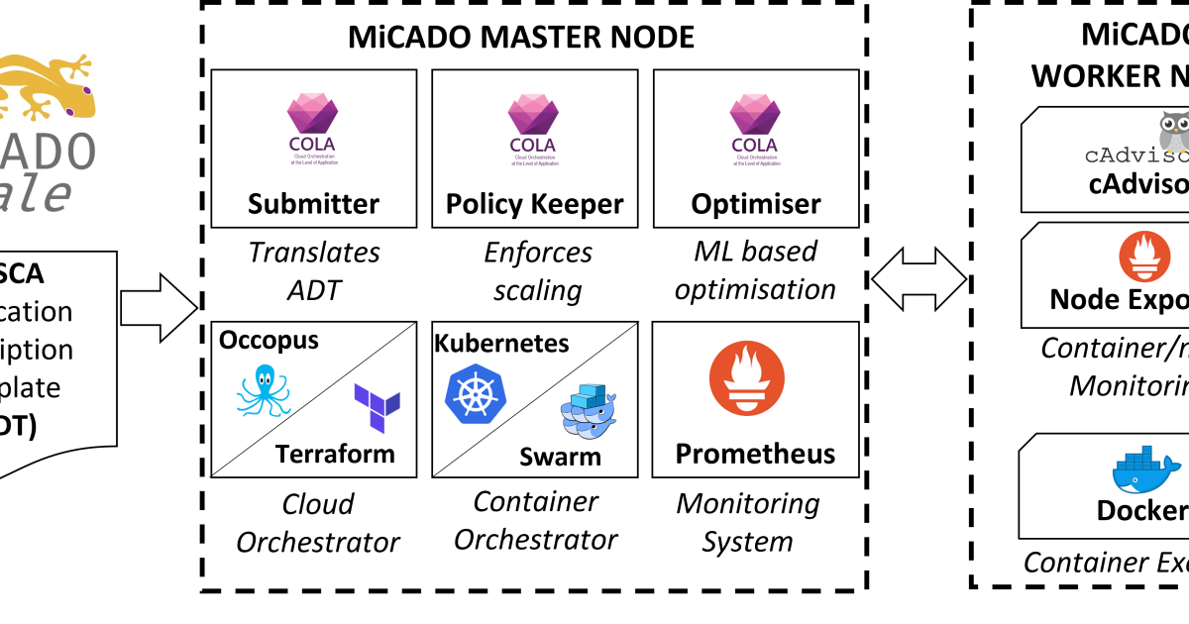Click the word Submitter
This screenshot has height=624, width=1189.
[x=313, y=204]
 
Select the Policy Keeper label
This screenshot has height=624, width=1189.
[x=534, y=204]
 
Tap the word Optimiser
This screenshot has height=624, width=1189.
[x=755, y=204]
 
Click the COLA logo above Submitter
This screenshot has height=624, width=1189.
[x=312, y=124]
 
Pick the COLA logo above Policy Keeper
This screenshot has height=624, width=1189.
[x=533, y=124]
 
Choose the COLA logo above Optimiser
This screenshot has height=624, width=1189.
[x=755, y=124]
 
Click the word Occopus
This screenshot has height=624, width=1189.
[x=269, y=340]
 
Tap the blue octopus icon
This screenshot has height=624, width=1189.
[x=263, y=390]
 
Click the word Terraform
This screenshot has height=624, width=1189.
[x=335, y=454]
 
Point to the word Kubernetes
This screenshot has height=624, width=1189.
[x=501, y=343]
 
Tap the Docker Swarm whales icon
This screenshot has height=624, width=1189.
[x=589, y=410]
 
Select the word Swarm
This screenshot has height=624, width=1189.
[x=560, y=457]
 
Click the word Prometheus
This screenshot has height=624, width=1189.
[x=755, y=454]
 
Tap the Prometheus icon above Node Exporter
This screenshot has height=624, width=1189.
[x=1144, y=257]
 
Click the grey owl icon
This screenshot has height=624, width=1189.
[x=1174, y=131]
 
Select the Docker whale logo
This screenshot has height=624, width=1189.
[x=1145, y=470]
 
